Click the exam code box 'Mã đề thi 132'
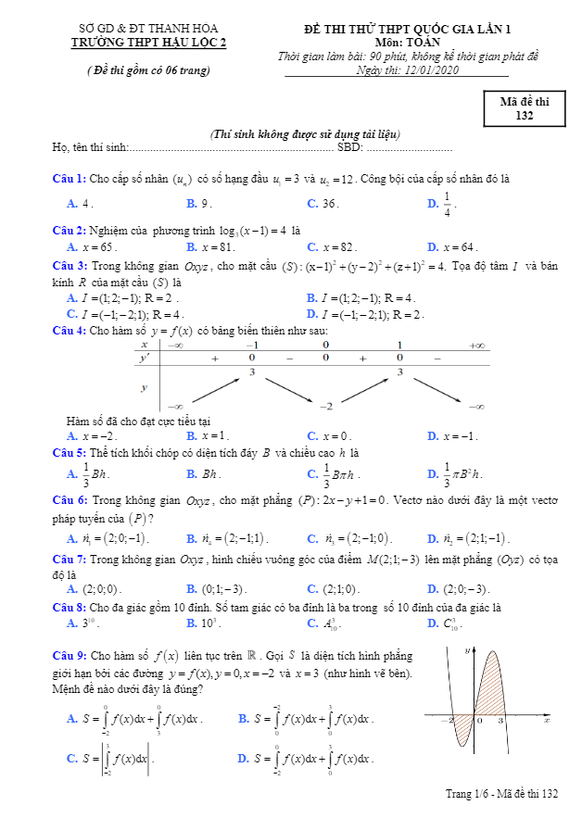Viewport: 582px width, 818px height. [x=524, y=108]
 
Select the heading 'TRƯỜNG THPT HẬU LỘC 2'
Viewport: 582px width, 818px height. [x=149, y=42]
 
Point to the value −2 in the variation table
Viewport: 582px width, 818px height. [x=325, y=406]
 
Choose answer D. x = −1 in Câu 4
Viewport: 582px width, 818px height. [x=453, y=435]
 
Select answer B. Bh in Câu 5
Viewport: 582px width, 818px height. [x=203, y=473]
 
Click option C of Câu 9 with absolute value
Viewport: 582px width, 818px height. [x=108, y=758]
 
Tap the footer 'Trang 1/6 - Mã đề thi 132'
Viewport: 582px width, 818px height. [x=501, y=795]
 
